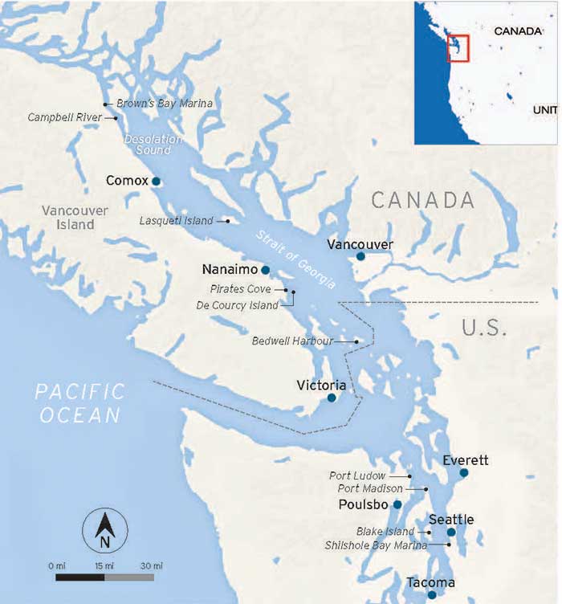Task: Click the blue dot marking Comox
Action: (157, 182)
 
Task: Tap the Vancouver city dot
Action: (361, 256)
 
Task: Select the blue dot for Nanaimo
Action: (265, 271)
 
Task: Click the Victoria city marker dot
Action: (332, 398)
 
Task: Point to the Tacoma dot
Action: (433, 595)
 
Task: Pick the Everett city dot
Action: (464, 473)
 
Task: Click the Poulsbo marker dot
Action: (397, 504)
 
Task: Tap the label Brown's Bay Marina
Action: (165, 104)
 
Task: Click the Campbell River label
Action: (65, 117)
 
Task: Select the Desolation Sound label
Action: (153, 145)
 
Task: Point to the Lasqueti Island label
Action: (176, 221)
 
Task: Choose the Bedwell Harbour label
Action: (292, 341)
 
